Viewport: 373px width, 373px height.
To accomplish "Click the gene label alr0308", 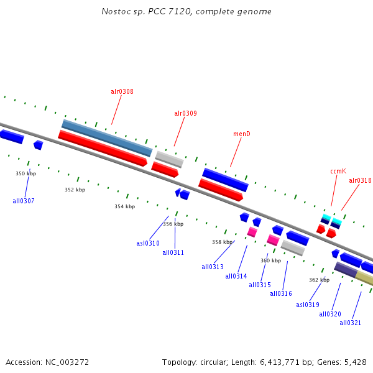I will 122,91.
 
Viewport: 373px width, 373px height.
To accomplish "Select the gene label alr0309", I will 185,113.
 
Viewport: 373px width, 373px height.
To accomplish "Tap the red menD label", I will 241,134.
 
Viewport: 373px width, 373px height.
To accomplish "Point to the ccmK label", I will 338,171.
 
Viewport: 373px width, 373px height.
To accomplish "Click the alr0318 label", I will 360,180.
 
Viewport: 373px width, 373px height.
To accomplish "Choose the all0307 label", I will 24,201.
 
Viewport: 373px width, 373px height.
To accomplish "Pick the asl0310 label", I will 148,243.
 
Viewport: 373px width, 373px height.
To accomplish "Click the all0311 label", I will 173,252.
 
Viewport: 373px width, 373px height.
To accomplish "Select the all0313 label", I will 213,267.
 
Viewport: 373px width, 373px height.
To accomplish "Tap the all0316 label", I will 281,293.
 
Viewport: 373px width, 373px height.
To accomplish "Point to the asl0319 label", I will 308,305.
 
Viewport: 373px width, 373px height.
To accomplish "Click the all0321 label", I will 351,323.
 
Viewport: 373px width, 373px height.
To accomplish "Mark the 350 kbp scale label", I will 26,173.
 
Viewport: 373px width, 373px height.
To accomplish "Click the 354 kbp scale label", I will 124,206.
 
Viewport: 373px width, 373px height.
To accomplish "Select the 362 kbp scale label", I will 319,280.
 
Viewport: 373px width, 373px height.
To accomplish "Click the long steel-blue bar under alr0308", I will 106,137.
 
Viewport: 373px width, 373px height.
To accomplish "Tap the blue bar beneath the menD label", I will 225,180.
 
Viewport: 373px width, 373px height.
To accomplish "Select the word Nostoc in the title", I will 115,11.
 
